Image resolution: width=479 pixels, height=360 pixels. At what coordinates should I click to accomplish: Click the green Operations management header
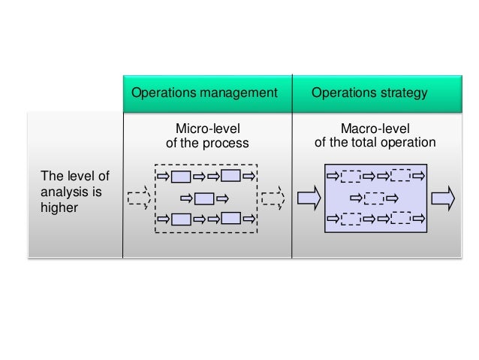(207, 93)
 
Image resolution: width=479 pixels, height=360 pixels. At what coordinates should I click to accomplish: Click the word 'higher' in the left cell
(59, 207)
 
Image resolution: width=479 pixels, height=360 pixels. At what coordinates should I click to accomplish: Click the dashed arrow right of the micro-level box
(273, 198)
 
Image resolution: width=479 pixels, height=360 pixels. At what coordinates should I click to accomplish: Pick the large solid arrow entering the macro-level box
(309, 198)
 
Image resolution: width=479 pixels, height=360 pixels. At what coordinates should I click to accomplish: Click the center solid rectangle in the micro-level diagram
(204, 199)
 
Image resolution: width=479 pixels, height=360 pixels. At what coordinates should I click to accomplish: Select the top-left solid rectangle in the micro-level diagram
(181, 177)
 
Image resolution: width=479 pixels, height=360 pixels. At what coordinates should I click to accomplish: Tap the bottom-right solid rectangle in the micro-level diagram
(230, 219)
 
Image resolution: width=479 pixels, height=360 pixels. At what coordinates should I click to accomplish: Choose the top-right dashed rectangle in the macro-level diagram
(400, 177)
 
